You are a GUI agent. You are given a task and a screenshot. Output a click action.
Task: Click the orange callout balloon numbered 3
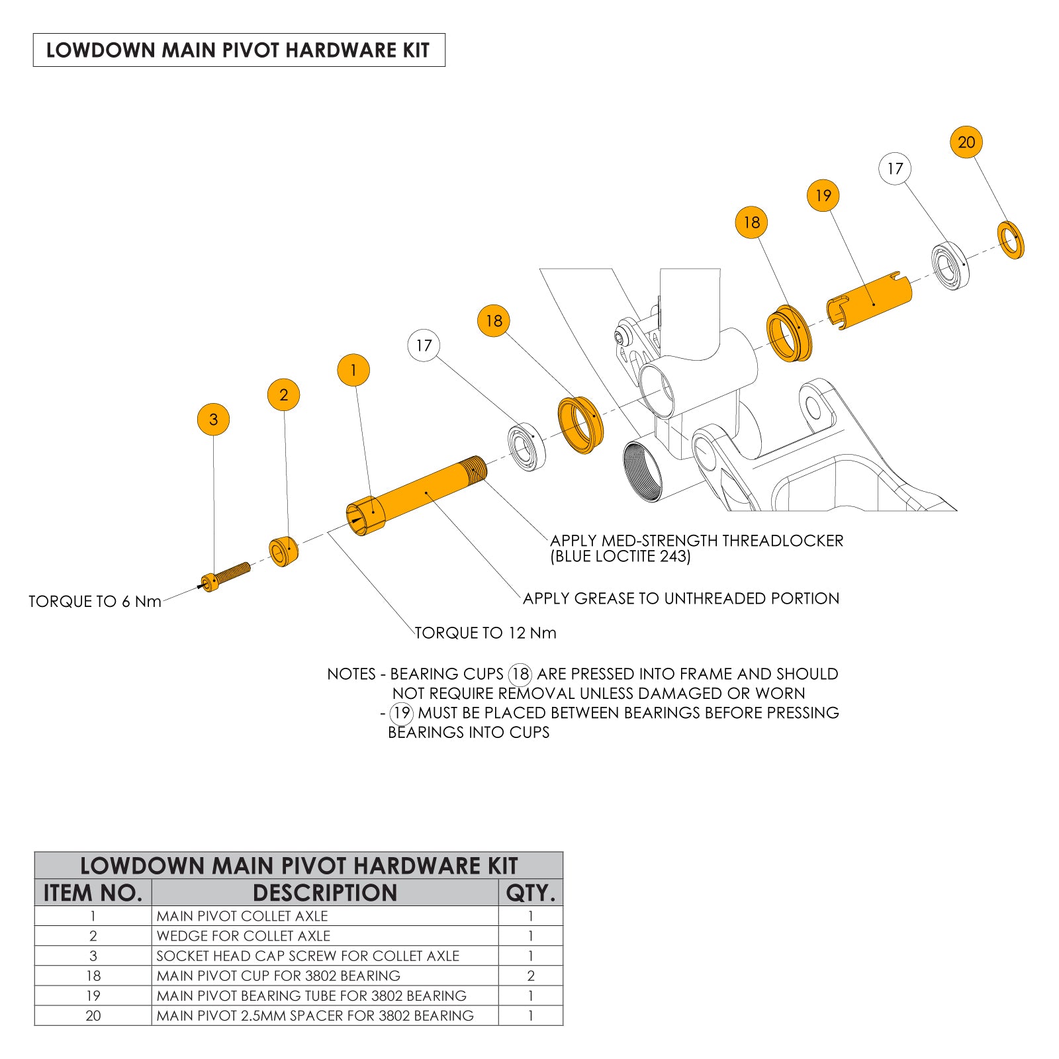(x=213, y=420)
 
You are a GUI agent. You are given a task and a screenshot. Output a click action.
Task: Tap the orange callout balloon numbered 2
(x=283, y=395)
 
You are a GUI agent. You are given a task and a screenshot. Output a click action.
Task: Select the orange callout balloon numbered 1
(x=353, y=370)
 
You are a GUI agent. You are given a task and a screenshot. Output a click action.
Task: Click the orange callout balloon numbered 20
(x=966, y=142)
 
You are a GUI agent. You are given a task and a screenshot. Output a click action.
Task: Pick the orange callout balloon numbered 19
(x=823, y=196)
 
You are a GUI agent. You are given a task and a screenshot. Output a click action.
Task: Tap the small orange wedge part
(x=283, y=551)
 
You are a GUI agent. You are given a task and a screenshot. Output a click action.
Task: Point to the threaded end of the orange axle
(x=476, y=469)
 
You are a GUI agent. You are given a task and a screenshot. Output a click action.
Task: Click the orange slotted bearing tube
(x=870, y=300)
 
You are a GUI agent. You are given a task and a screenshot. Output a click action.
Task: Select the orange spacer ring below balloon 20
(x=1011, y=240)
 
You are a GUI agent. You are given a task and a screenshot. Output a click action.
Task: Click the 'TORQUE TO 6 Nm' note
(x=95, y=602)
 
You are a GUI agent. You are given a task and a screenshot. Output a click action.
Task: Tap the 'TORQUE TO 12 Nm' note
(x=485, y=633)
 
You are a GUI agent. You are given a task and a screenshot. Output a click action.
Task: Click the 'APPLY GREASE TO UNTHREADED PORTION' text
(x=680, y=598)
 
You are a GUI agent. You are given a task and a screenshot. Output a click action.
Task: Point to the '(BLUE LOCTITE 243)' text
(x=620, y=557)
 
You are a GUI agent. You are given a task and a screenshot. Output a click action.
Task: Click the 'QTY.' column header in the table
(x=530, y=893)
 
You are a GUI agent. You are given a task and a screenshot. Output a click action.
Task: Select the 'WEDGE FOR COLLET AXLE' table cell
(x=244, y=936)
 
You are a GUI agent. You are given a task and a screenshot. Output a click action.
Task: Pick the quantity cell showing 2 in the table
(x=531, y=976)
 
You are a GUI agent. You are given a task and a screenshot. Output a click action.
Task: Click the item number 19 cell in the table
(x=93, y=995)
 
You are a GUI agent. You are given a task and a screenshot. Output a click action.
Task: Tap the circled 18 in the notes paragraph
(x=520, y=674)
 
